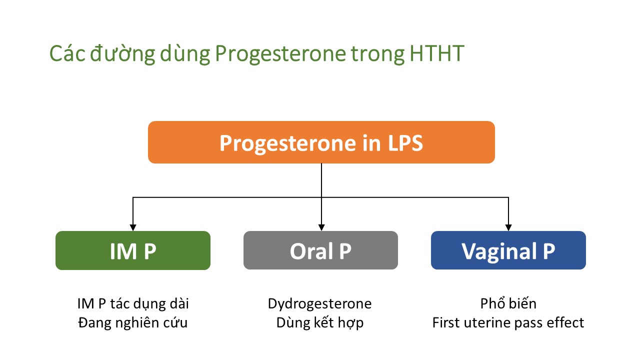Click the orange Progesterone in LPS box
(x=321, y=142)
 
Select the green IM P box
(x=133, y=250)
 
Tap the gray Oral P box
(x=320, y=250)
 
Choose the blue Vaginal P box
(x=508, y=250)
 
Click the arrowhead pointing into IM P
(x=133, y=227)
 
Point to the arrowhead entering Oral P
(x=321, y=227)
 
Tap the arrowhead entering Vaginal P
(x=508, y=227)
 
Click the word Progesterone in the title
(x=280, y=54)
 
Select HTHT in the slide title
(x=437, y=53)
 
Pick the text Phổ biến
(x=508, y=303)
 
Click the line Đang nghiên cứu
(x=133, y=323)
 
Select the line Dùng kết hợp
(x=320, y=323)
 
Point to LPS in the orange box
(x=405, y=143)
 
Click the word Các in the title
(x=67, y=53)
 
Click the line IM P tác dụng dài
(x=133, y=304)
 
